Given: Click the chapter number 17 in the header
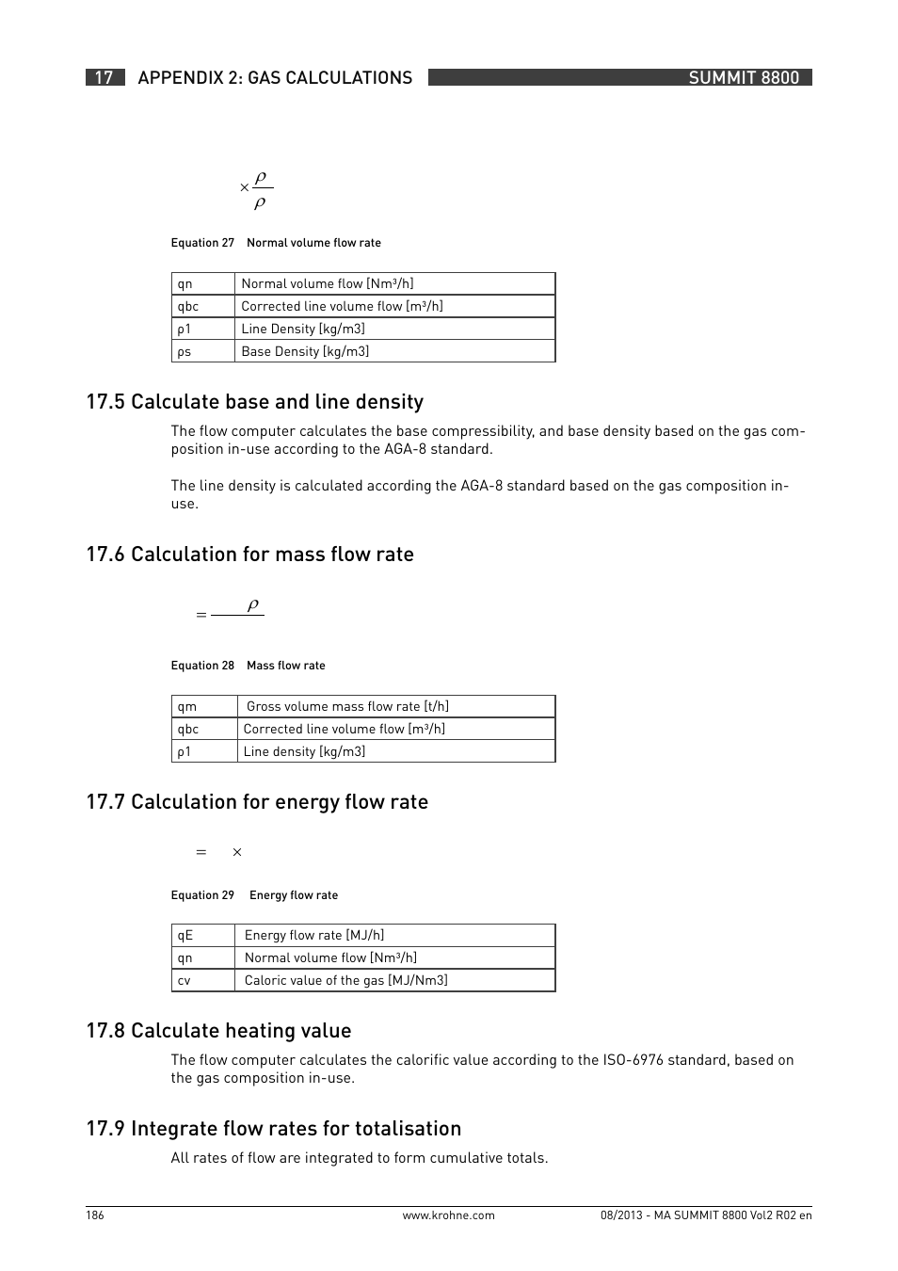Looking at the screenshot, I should point(104,78).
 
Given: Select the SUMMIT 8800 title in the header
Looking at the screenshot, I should point(743,78).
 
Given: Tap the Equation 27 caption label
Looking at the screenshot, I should point(202,243).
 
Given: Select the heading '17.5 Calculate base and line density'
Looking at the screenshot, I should point(254,402).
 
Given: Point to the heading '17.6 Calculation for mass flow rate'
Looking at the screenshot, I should point(249,555).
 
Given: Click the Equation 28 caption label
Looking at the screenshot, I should point(202,666).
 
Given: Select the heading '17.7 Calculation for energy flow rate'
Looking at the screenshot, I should point(257,802).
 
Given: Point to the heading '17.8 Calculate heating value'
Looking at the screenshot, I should point(218,1031).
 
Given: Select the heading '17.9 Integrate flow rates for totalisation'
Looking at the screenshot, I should point(273,1129).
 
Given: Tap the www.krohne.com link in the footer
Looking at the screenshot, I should point(448,1215).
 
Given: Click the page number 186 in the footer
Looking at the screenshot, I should point(95,1215).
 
